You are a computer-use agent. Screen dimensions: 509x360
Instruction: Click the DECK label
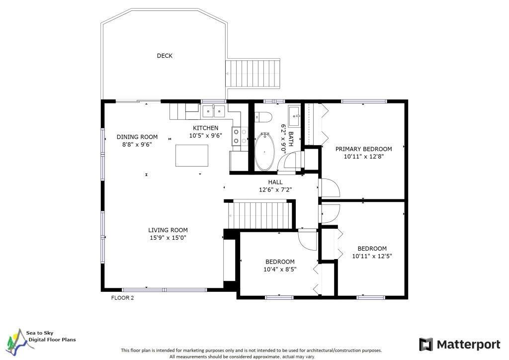click(x=165, y=56)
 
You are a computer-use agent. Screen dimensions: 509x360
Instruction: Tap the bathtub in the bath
click(x=264, y=152)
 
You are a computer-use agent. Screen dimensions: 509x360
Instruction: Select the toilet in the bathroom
click(x=263, y=117)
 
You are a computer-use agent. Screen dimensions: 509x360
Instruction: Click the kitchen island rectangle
click(x=192, y=156)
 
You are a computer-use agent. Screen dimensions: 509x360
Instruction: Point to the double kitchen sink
click(x=214, y=111)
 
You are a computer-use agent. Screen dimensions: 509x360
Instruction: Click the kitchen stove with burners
click(x=240, y=136)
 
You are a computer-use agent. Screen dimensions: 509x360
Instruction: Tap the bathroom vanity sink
click(x=294, y=116)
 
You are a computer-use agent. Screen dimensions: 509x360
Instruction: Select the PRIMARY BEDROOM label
click(x=363, y=149)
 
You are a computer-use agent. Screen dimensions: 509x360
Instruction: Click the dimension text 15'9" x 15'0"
click(x=168, y=238)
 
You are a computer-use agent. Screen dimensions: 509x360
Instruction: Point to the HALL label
click(x=275, y=182)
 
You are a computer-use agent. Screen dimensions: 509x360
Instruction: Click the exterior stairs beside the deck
click(x=253, y=73)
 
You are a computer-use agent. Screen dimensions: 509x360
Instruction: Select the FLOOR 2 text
click(x=122, y=298)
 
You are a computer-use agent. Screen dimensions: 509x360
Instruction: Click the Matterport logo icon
click(x=426, y=345)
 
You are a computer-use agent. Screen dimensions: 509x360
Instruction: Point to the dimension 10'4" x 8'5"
click(x=280, y=269)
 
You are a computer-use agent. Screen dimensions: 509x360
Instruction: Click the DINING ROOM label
click(x=137, y=137)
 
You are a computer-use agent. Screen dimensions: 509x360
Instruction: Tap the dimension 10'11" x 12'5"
click(x=372, y=256)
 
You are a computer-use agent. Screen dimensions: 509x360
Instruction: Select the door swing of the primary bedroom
click(x=329, y=188)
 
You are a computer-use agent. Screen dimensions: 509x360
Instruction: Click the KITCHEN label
click(x=205, y=128)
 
